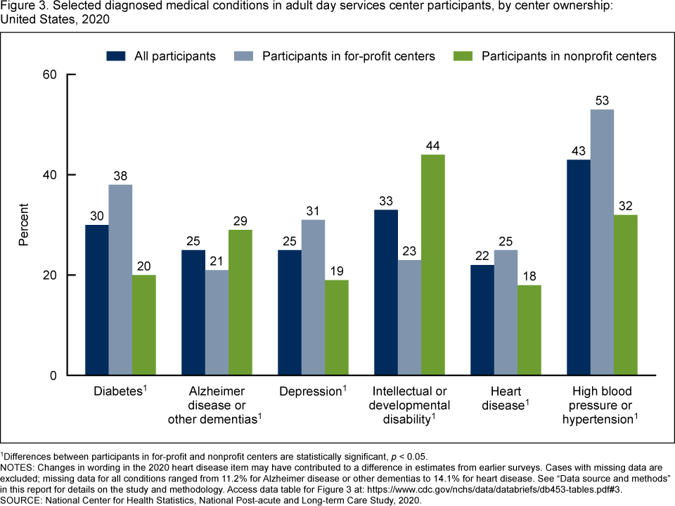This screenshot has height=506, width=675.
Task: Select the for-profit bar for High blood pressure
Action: click(x=603, y=242)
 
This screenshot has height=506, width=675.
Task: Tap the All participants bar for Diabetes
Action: click(x=97, y=300)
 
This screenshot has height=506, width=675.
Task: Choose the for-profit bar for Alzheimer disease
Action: click(x=217, y=323)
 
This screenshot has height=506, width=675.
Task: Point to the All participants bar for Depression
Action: click(x=290, y=313)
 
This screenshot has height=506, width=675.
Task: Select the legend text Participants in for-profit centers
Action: click(x=349, y=56)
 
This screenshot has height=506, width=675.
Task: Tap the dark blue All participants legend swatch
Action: click(x=116, y=56)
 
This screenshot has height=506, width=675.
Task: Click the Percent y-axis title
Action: click(x=24, y=225)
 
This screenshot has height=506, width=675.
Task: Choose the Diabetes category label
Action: click(x=118, y=391)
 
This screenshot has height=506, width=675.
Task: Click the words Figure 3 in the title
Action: click(x=22, y=6)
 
